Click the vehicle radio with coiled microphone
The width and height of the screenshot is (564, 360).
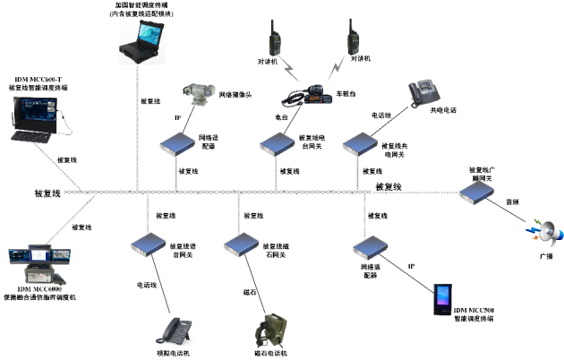tap(309, 94)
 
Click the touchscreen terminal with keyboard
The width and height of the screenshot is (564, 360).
tap(34, 120)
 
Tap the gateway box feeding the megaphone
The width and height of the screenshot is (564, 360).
tap(475, 191)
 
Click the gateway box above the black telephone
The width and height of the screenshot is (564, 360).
tap(147, 244)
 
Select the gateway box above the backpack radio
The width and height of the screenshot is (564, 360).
tap(240, 244)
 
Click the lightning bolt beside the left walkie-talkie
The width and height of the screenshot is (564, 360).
tap(290, 68)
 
